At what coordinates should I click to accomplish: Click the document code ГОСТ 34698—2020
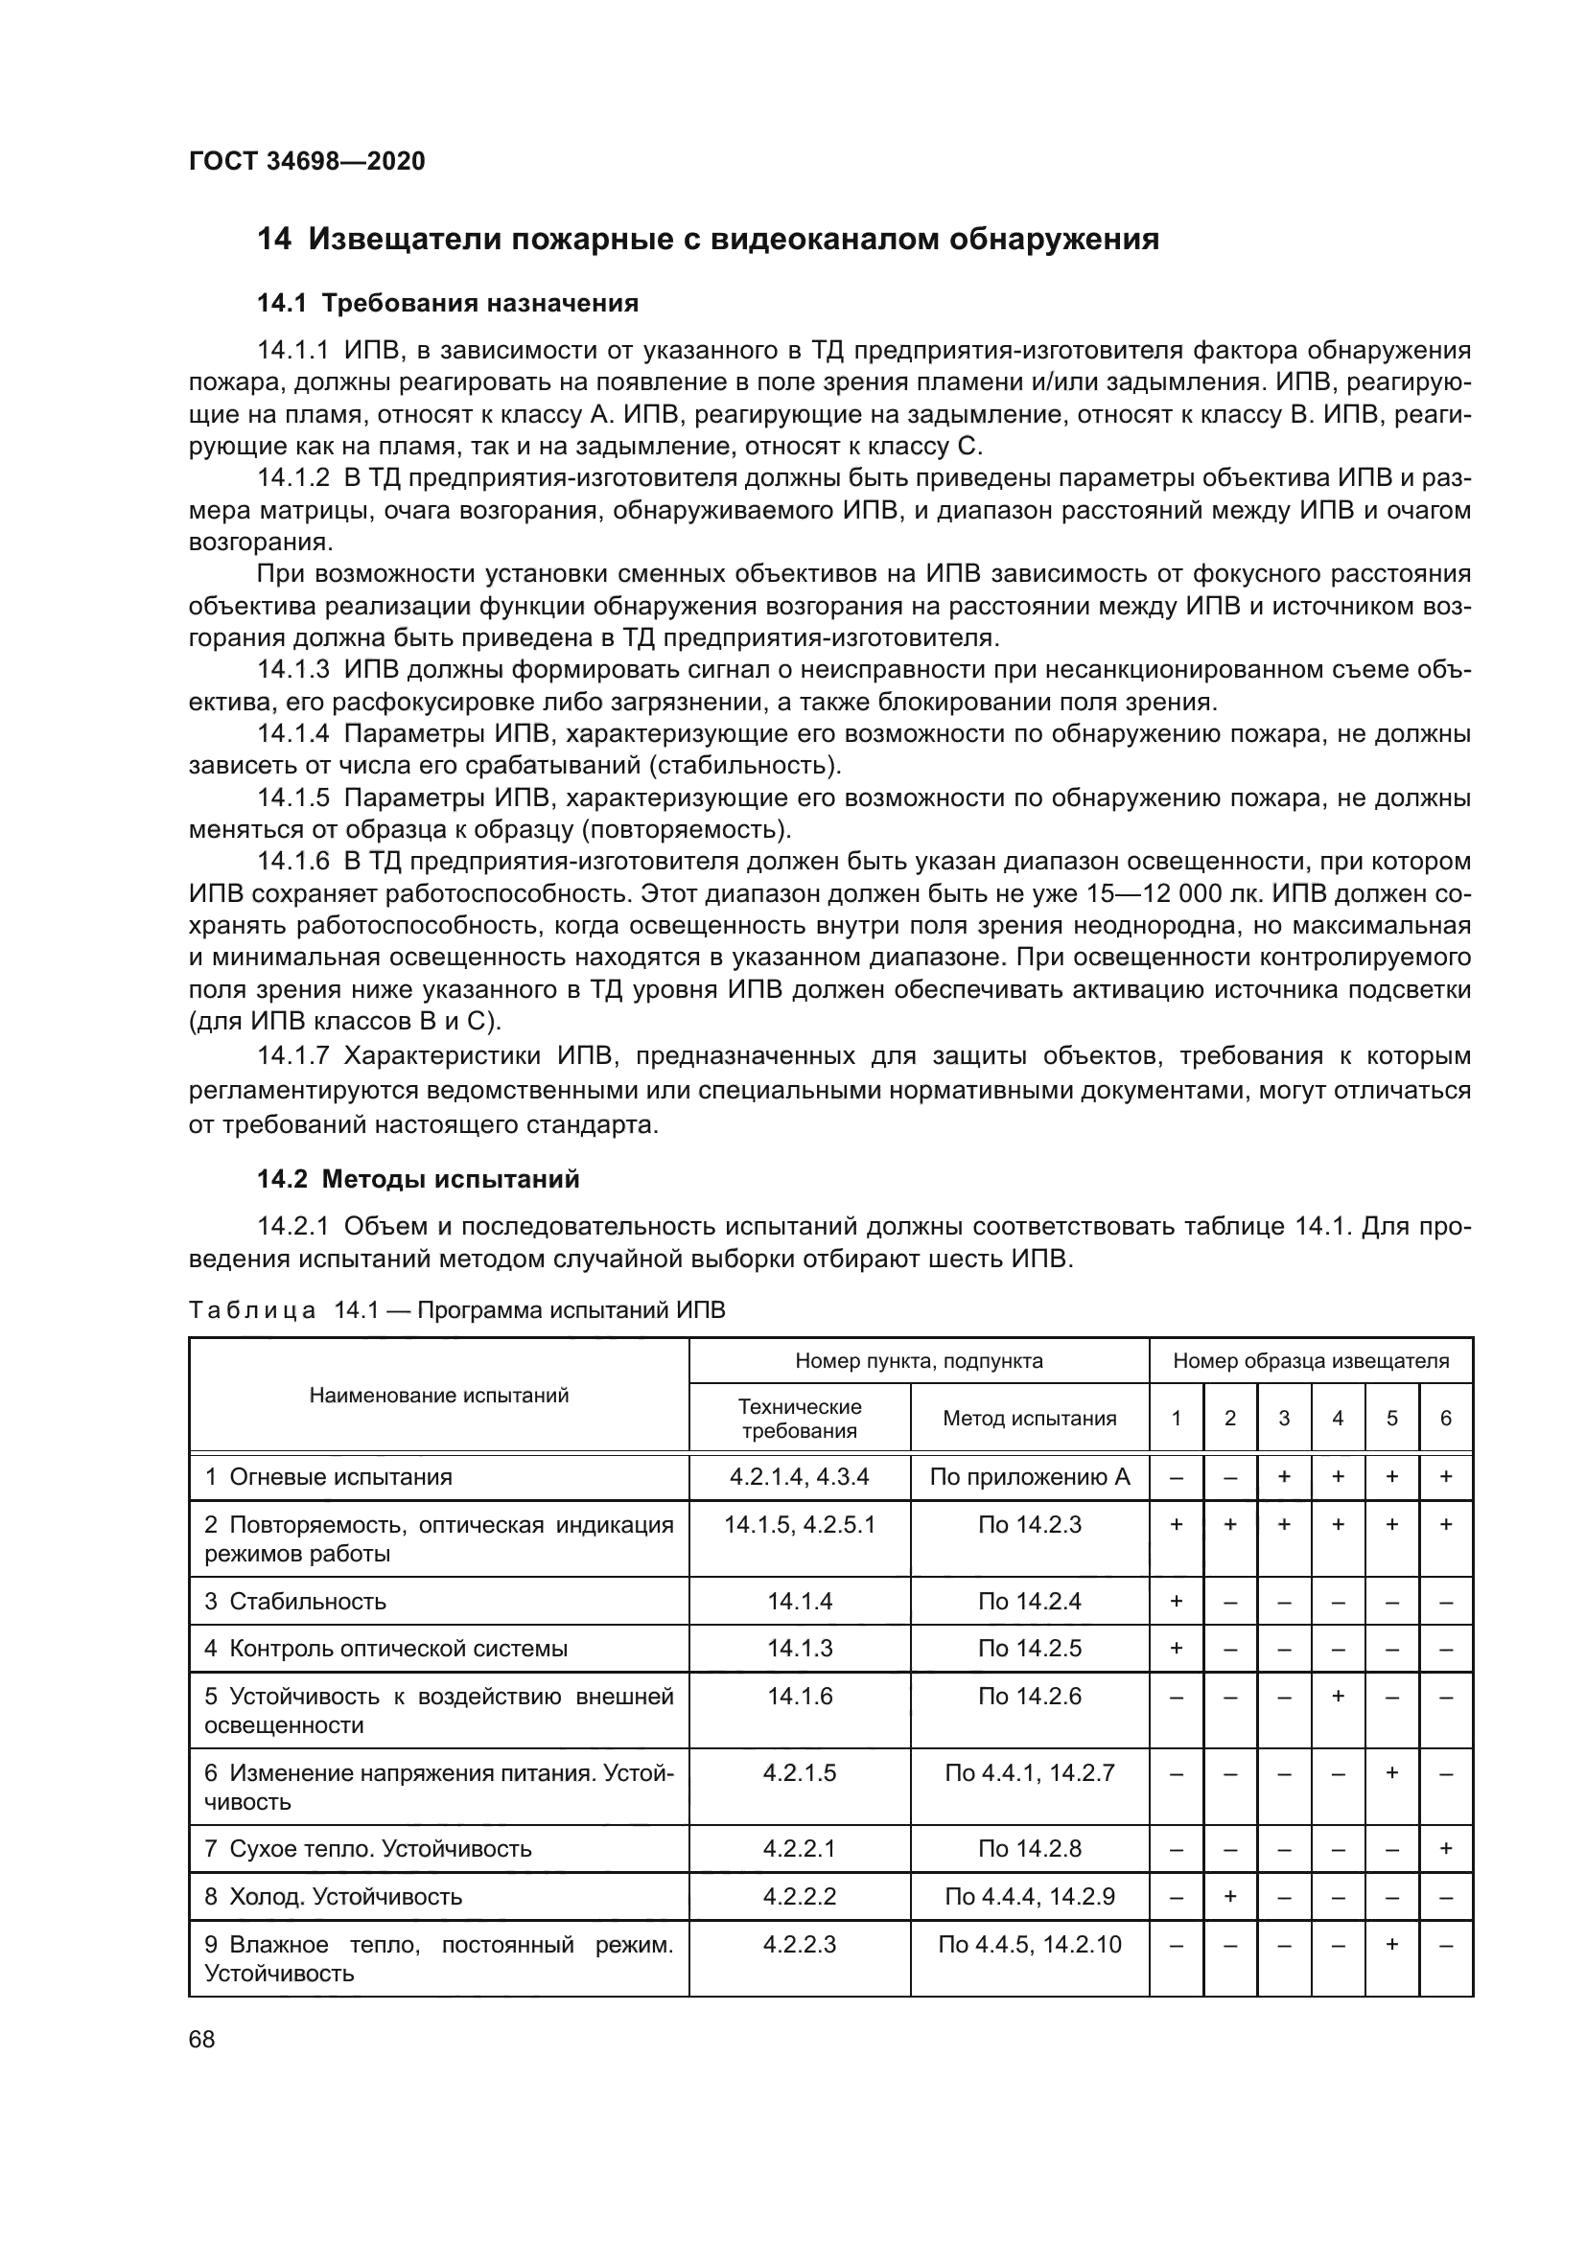pyautogui.click(x=307, y=162)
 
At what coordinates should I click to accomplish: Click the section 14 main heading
pyautogui.click(x=707, y=240)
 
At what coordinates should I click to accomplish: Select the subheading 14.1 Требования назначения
pyautogui.click(x=447, y=304)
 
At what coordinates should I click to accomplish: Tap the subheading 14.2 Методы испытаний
pyautogui.click(x=418, y=1180)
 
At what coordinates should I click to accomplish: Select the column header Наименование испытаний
pyautogui.click(x=438, y=1396)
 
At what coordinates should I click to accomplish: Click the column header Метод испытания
pyautogui.click(x=1029, y=1419)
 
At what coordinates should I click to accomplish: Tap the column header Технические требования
pyautogui.click(x=799, y=1419)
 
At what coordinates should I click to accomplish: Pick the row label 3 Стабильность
pyautogui.click(x=296, y=1602)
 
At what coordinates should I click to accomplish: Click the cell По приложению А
pyautogui.click(x=1029, y=1477)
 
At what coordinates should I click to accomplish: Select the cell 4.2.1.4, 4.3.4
pyautogui.click(x=799, y=1477)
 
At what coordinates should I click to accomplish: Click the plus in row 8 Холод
pyautogui.click(x=1229, y=1897)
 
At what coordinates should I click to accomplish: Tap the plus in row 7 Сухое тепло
pyautogui.click(x=1445, y=1849)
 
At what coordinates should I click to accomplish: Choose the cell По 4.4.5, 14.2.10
pyautogui.click(x=1029, y=1945)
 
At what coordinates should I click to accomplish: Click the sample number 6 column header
pyautogui.click(x=1445, y=1419)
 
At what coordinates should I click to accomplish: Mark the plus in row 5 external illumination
pyautogui.click(x=1338, y=1698)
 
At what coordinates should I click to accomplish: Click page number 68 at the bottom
pyautogui.click(x=202, y=2040)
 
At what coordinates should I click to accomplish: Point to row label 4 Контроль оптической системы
pyautogui.click(x=385, y=1650)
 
